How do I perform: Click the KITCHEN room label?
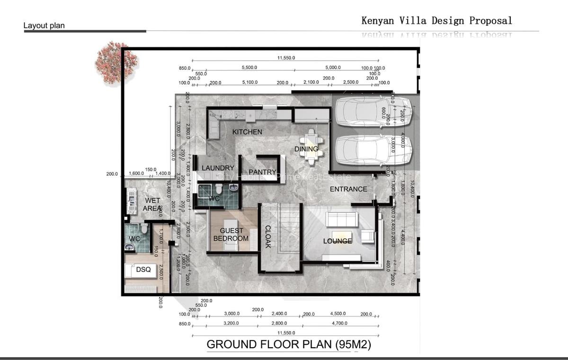coord(247,132)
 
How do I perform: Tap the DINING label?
coord(306,149)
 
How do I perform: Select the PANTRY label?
coord(263,172)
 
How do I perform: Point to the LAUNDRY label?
coord(218,168)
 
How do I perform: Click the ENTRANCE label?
coord(348,189)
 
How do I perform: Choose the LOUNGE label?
coord(337,241)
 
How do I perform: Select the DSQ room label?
coord(143,269)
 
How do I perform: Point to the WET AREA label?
coord(152,205)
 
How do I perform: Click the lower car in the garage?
coord(373,148)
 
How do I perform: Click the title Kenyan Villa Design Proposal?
coord(436,20)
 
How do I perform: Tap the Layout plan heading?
coord(44,26)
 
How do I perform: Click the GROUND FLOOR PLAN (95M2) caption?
coord(289,344)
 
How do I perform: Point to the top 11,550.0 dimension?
coord(286,58)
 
